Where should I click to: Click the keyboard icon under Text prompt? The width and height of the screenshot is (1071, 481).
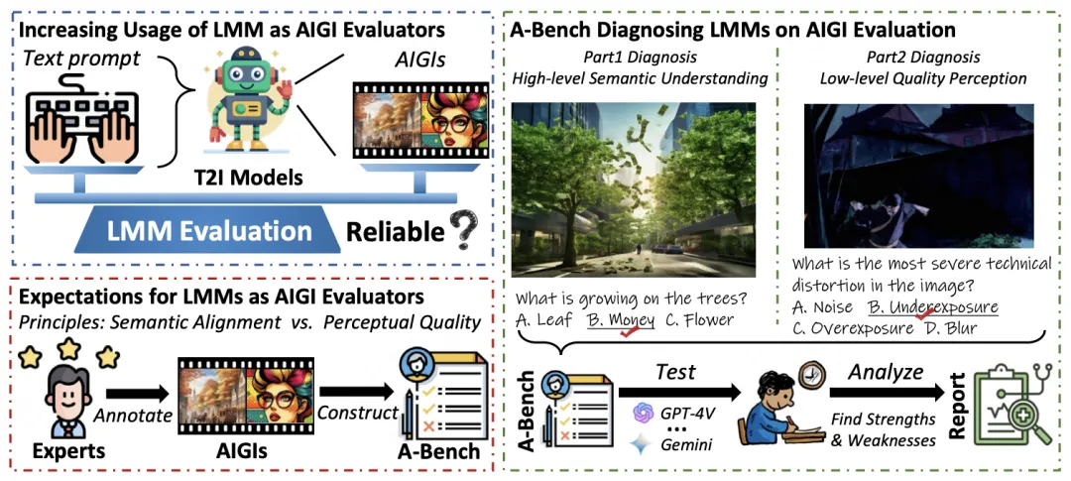click(82, 120)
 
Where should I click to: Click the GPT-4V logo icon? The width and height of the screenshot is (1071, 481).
click(644, 413)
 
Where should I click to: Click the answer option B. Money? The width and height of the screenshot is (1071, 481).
click(620, 319)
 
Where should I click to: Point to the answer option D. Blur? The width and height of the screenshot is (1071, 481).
click(950, 328)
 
